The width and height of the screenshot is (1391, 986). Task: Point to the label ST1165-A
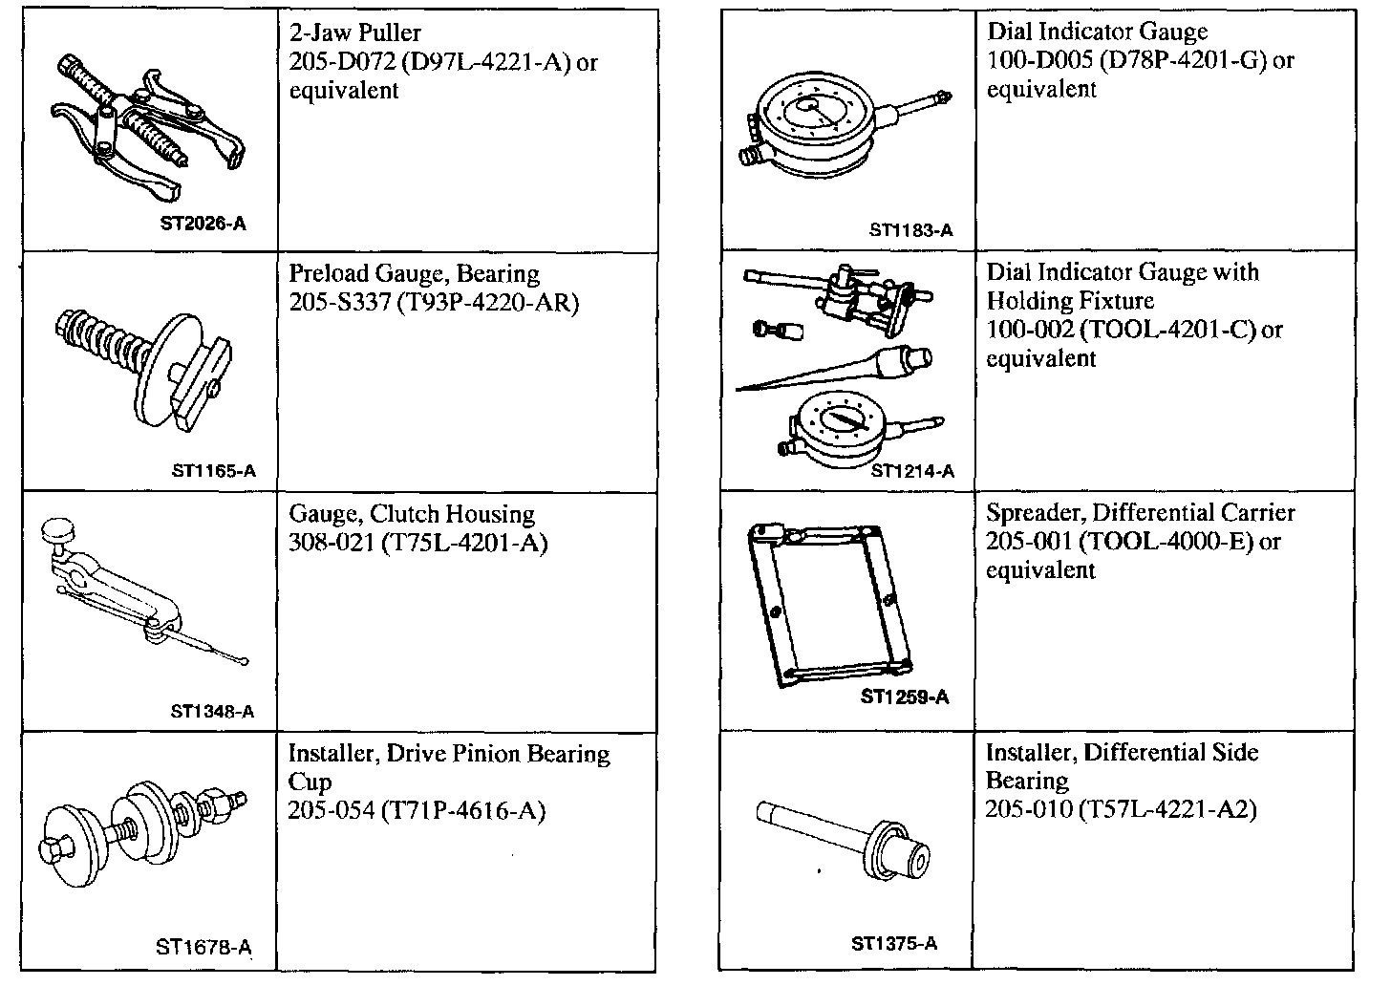click(x=214, y=470)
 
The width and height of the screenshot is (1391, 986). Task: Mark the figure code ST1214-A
click(x=912, y=470)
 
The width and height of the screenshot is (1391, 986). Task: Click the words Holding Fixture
click(x=1070, y=301)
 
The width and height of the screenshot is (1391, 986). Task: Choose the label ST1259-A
click(x=904, y=697)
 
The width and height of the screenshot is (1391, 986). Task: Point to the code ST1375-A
click(x=894, y=944)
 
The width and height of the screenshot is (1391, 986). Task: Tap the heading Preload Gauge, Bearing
click(x=414, y=274)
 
